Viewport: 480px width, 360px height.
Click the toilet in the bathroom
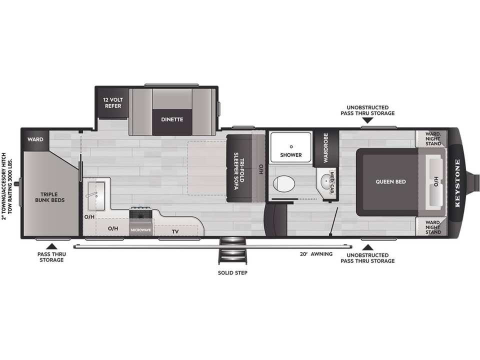284,183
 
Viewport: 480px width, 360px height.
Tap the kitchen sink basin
96,195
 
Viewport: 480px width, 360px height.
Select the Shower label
291,155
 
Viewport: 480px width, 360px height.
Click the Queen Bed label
390,181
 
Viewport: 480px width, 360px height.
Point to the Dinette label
172,119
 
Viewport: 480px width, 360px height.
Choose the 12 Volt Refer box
112,103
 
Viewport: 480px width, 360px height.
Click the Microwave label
141,230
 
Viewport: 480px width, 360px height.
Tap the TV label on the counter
175,231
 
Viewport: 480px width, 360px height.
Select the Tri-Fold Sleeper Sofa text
239,171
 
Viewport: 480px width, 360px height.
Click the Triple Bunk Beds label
49,197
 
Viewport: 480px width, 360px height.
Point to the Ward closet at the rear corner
35,139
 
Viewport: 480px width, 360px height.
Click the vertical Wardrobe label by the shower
325,147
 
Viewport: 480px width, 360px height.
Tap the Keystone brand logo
457,183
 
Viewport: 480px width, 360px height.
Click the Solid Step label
232,273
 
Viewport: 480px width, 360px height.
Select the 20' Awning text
316,254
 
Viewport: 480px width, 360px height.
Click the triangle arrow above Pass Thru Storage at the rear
51,246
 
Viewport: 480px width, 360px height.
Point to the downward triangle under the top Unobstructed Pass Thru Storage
367,120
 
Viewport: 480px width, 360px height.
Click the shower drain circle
291,146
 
